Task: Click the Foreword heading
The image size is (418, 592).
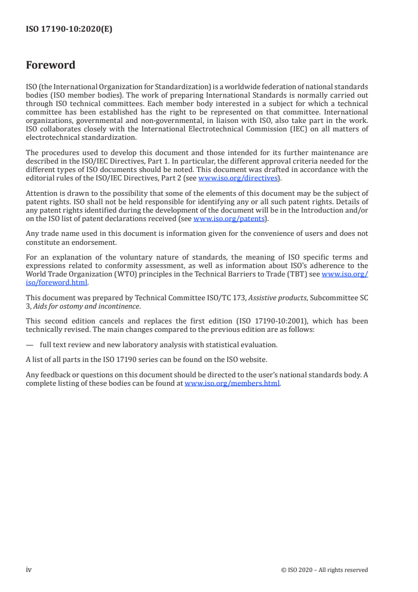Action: (x=51, y=65)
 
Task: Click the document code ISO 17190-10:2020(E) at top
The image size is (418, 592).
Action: (x=69, y=30)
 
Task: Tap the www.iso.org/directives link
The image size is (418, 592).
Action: (x=238, y=178)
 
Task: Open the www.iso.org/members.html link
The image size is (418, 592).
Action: (x=232, y=384)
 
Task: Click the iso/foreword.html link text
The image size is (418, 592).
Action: (x=56, y=282)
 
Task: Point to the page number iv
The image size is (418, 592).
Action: (x=29, y=569)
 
